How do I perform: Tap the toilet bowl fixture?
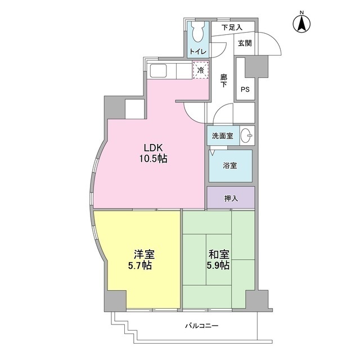pos(198,33)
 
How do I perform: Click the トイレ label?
pos(198,52)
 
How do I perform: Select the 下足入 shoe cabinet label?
pos(231,27)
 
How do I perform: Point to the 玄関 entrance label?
pos(245,43)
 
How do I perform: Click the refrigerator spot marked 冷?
pos(200,71)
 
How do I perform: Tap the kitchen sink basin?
pos(157,71)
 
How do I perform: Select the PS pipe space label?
pos(245,90)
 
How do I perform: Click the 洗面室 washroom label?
pos(222,136)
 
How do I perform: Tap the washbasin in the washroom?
pos(246,136)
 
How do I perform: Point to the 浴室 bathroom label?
pos(231,166)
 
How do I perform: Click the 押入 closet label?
pos(231,197)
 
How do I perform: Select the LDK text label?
pos(152,147)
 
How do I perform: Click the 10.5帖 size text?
pos(152,159)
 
